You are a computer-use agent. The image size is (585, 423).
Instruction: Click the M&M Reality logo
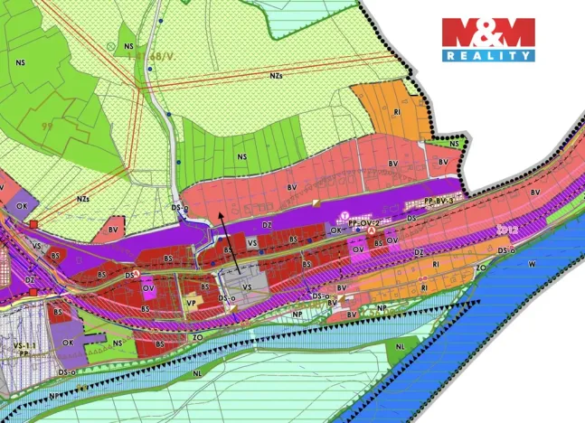pyautogui.click(x=488, y=39)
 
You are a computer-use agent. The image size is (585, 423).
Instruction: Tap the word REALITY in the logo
pyautogui.click(x=488, y=55)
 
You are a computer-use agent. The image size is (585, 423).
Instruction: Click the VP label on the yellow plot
pyautogui.click(x=191, y=303)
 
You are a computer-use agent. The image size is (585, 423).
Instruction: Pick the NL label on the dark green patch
pyautogui.click(x=399, y=346)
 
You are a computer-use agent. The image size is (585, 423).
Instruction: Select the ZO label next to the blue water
pyautogui.click(x=481, y=268)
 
